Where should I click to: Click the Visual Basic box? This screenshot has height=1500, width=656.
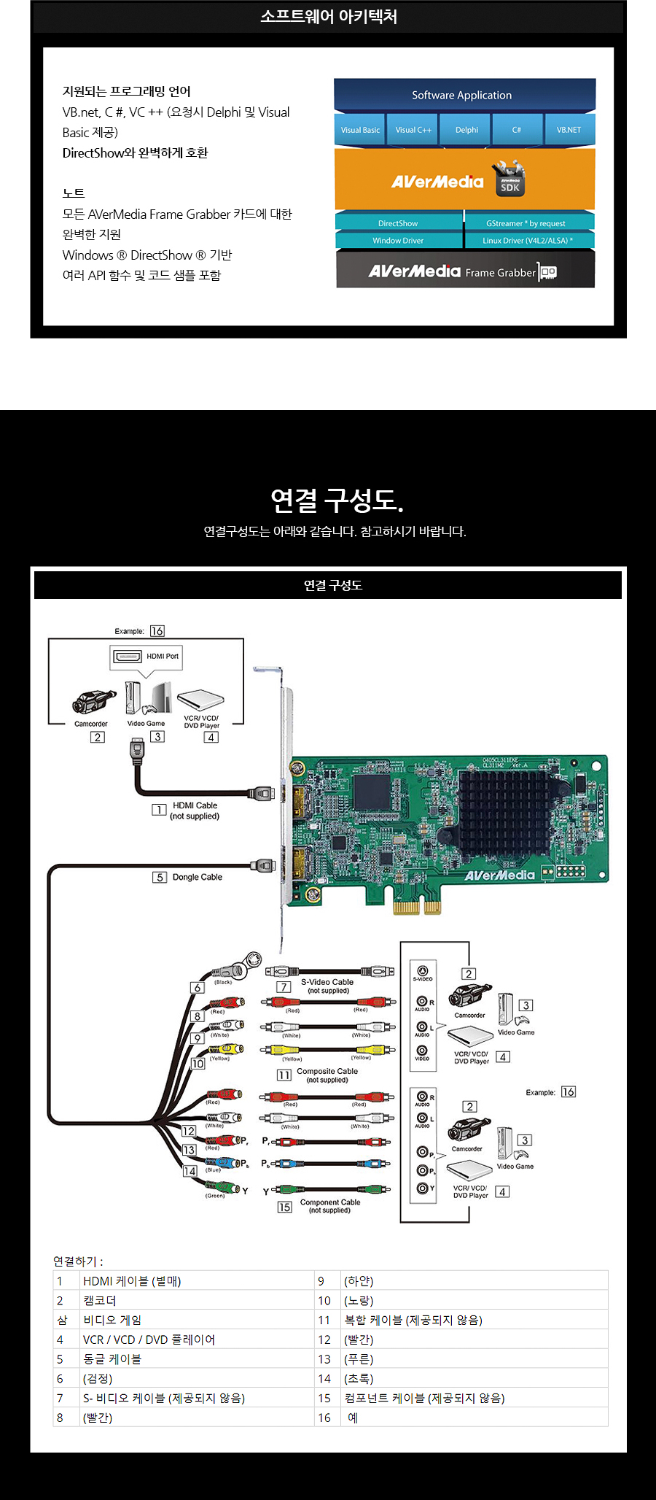tap(360, 130)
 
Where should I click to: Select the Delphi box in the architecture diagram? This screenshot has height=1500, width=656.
tap(466, 130)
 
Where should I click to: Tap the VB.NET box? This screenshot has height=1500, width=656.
tap(569, 130)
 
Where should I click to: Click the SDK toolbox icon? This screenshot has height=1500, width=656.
tap(509, 179)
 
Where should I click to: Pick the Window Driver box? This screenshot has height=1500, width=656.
tap(398, 241)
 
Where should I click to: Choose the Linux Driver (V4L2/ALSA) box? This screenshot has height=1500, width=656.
tap(528, 241)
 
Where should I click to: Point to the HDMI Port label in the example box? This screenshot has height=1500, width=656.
tap(162, 656)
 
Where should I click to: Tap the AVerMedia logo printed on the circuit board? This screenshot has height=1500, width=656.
tap(500, 875)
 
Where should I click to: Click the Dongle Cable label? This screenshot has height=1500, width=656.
tap(197, 877)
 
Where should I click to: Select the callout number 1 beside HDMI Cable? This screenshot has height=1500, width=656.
tap(159, 810)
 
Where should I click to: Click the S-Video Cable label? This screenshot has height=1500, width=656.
tap(327, 982)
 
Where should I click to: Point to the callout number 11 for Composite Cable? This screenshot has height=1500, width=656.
tap(284, 1075)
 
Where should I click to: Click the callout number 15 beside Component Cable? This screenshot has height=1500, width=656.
tap(284, 1207)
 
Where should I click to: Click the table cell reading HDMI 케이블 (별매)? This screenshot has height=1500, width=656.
tap(132, 1281)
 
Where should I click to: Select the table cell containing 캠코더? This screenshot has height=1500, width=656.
tap(100, 1301)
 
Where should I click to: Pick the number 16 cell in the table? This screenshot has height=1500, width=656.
tap(324, 1418)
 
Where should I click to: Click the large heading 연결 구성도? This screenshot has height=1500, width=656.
tap(336, 500)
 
